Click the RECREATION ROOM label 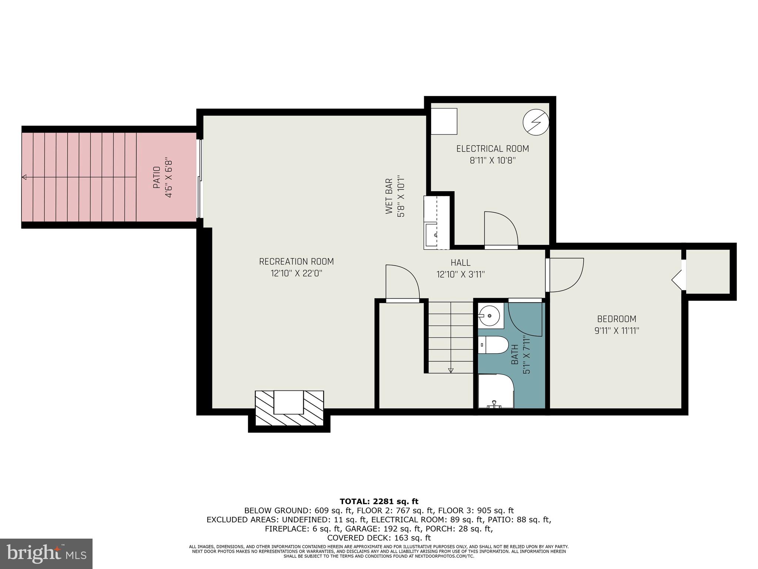point(296,262)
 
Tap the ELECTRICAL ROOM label point(492,149)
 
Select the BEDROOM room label point(617,319)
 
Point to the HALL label point(460,263)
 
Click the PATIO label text point(157,177)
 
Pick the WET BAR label point(389,196)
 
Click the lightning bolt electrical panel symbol point(536,122)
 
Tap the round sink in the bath point(490,316)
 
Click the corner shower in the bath point(495,391)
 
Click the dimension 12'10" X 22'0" point(296,273)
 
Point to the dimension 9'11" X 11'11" point(617,331)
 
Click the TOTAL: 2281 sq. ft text point(379,502)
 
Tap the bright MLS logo point(46,553)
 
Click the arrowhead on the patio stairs point(24,177)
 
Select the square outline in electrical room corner point(444,121)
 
